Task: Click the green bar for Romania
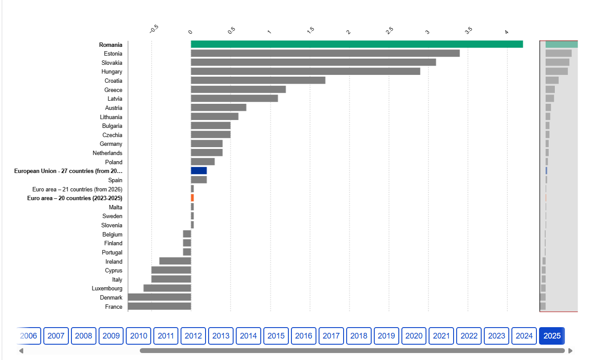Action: pyautogui.click(x=357, y=44)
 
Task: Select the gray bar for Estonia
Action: pyautogui.click(x=325, y=53)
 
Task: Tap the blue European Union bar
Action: pyautogui.click(x=199, y=170)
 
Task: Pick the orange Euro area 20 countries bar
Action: pyautogui.click(x=192, y=198)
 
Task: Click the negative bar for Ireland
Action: pyautogui.click(x=175, y=261)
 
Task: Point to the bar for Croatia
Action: pyautogui.click(x=258, y=80)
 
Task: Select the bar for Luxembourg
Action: pyautogui.click(x=167, y=288)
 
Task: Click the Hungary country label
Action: pyautogui.click(x=112, y=72)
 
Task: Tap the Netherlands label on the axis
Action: pyautogui.click(x=107, y=153)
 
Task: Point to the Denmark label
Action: pyautogui.click(x=111, y=297)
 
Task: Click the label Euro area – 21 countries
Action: pyautogui.click(x=77, y=189)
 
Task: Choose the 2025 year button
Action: pyautogui.click(x=552, y=336)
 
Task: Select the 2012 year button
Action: pyautogui.click(x=193, y=336)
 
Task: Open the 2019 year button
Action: pyautogui.click(x=386, y=336)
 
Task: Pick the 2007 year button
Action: pyautogui.click(x=56, y=336)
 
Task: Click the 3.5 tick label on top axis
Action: pyautogui.click(x=468, y=31)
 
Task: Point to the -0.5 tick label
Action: pyautogui.click(x=154, y=29)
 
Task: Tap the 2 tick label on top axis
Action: pyautogui.click(x=348, y=32)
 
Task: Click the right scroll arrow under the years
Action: pyautogui.click(x=570, y=351)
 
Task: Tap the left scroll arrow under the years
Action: pyautogui.click(x=21, y=351)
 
